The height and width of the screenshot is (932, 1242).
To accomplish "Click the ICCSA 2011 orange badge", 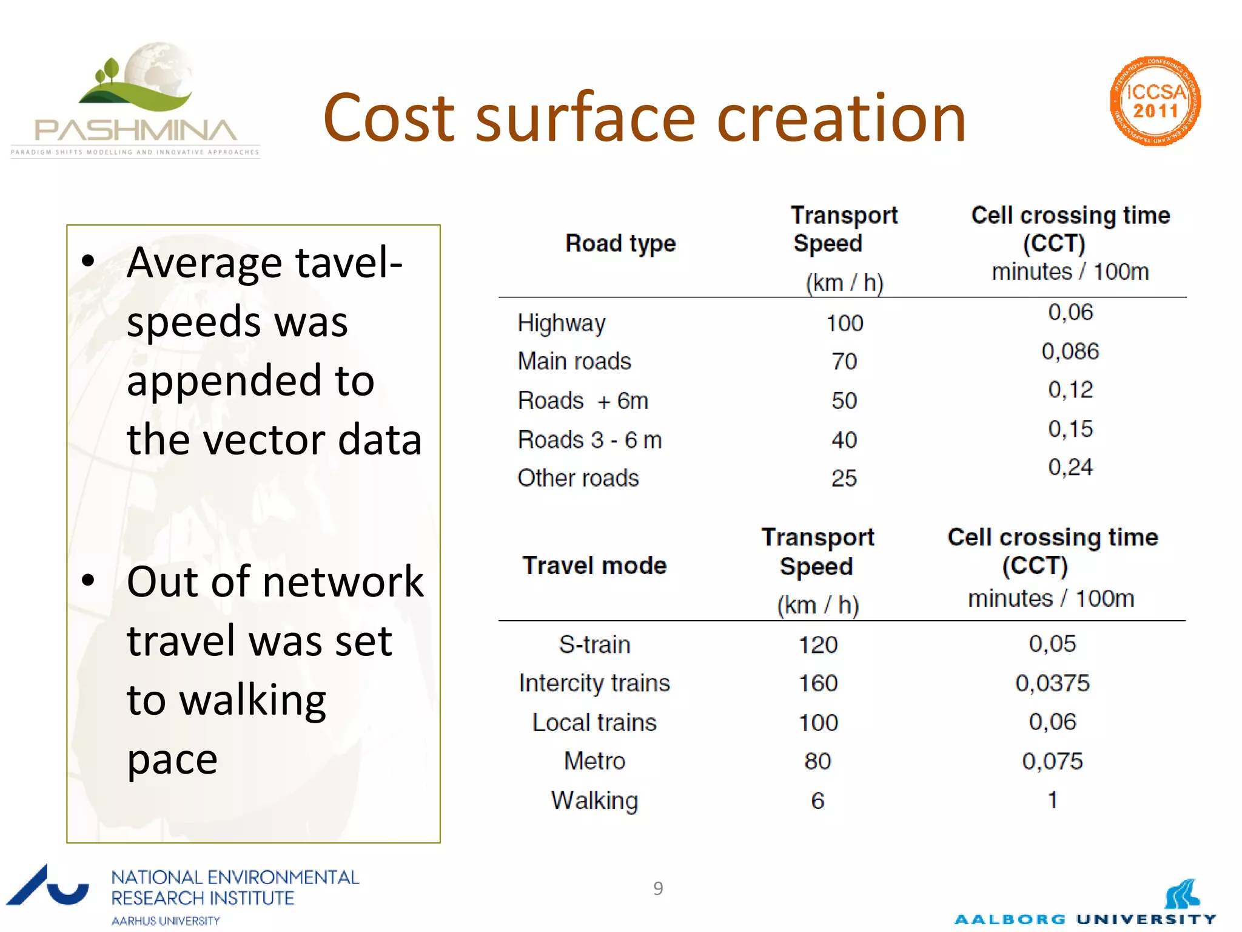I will (1155, 101).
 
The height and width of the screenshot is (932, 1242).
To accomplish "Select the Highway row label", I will (561, 323).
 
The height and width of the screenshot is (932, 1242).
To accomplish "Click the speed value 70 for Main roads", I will (844, 362).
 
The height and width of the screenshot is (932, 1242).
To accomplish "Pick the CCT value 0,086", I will (1070, 351).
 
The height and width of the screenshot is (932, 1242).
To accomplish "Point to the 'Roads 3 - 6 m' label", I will (589, 440).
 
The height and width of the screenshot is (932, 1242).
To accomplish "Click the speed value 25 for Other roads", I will (844, 478).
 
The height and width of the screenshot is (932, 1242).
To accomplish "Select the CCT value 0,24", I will (1070, 467).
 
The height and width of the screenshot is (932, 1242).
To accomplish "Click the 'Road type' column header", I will (620, 243).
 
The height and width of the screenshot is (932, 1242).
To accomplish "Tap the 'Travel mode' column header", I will (594, 566).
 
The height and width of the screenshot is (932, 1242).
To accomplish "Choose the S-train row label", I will (594, 644).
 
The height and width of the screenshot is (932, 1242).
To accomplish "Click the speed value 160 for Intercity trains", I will (817, 683).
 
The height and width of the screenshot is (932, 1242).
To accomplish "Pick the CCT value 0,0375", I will (1052, 683).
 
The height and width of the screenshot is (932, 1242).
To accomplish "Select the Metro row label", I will (594, 761).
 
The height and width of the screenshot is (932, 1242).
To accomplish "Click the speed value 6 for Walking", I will (817, 800).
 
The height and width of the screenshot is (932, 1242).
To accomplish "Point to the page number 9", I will (658, 888).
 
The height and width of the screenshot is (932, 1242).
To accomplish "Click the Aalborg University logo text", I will (1085, 919).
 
